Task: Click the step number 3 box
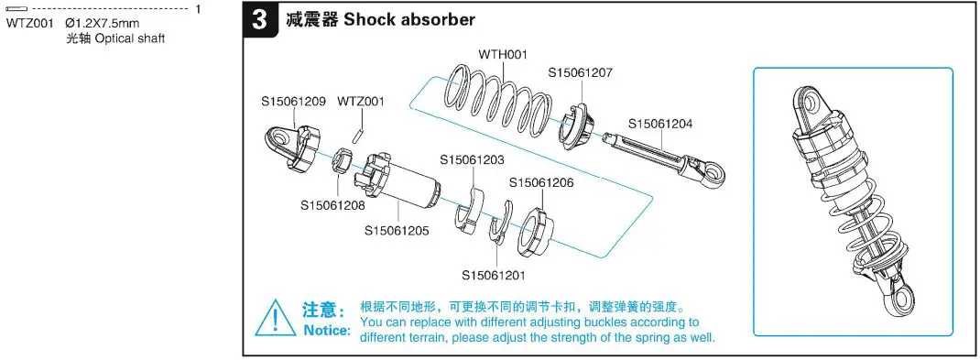pos(262,19)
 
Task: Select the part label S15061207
pos(581,72)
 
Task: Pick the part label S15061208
pos(332,205)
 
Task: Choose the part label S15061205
pos(397,231)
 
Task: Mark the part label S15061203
pos(472,159)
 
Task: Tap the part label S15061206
pos(541,182)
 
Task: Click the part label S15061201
pos(494,275)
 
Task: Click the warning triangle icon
pos(276,319)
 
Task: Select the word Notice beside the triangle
pos(326,330)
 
